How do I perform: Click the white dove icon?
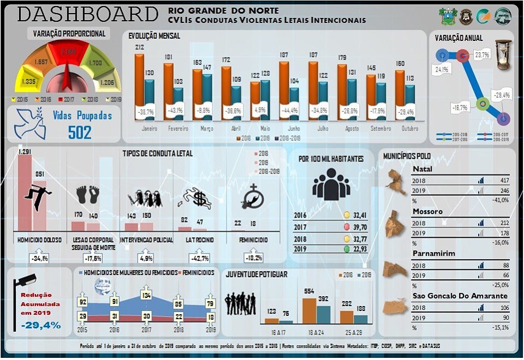point(29,123)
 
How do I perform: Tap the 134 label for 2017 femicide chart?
point(146,295)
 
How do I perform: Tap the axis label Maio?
point(265,129)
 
